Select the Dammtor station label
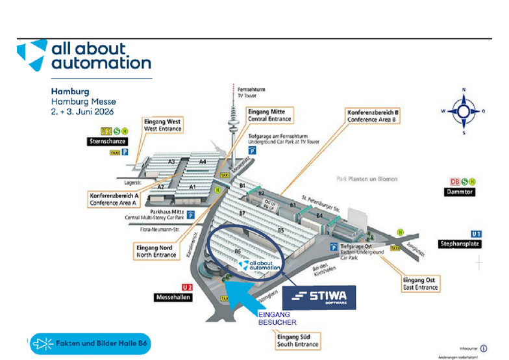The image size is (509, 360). point(462,192)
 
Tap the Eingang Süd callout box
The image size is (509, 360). point(297,340)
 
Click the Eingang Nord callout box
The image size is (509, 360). point(156,251)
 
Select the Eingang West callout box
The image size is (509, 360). point(162,125)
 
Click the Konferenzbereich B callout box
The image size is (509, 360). point(373,116)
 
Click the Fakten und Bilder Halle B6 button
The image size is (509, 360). point(90,344)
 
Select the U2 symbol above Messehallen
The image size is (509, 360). point(186,287)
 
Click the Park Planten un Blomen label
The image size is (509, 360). point(367,179)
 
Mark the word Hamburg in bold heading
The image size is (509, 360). point(70,92)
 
